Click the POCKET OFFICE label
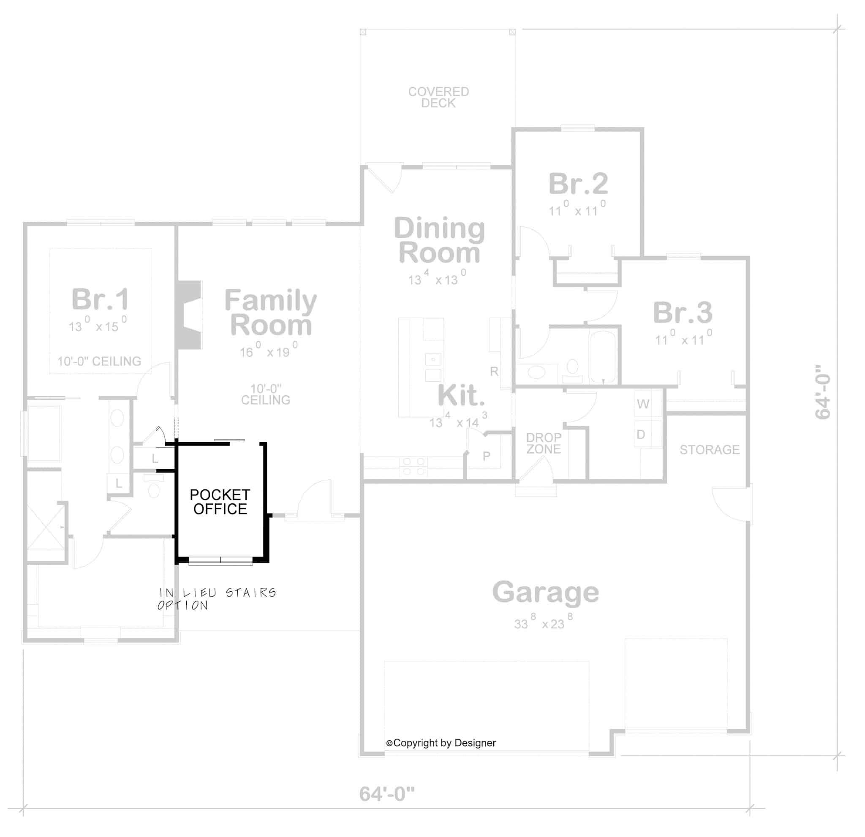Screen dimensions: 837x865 [x=220, y=502]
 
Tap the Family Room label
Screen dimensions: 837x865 [x=271, y=313]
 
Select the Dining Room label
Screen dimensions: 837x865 [x=439, y=240]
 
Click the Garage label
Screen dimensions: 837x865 [x=545, y=592]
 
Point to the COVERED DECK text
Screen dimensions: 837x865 [x=438, y=98]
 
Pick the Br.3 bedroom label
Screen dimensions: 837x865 [x=682, y=313]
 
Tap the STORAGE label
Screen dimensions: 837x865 [x=709, y=450]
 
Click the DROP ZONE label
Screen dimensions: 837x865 [x=543, y=443]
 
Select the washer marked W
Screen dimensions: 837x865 [x=643, y=404]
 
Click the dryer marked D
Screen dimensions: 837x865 [x=641, y=434]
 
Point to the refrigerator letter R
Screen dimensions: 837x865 [x=494, y=372]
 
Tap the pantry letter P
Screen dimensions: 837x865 [x=486, y=456]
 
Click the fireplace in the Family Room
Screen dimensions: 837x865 [x=189, y=315]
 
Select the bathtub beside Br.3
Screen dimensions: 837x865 [x=603, y=356]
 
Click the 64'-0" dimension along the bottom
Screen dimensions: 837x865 [x=386, y=794]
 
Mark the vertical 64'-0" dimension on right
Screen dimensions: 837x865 [x=823, y=392]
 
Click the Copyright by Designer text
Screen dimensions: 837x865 [x=441, y=743]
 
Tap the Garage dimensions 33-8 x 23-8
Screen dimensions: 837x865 [x=543, y=623]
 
